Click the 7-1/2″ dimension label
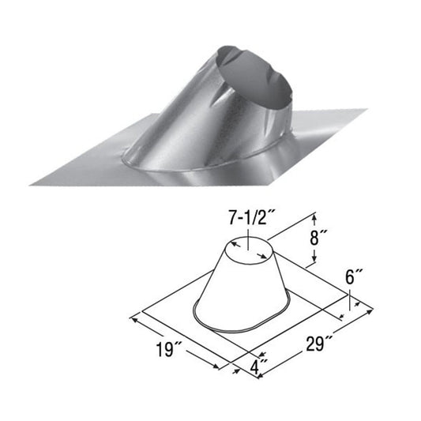pyautogui.click(x=246, y=217)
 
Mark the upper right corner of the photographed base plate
pyautogui.click(x=366, y=111)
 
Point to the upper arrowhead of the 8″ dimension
pyautogui.click(x=316, y=215)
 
